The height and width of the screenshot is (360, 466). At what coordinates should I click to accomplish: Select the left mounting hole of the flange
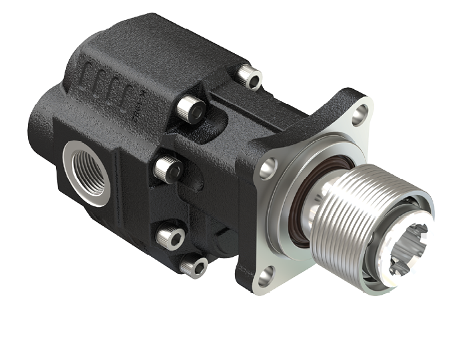pyautogui.click(x=268, y=168)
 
